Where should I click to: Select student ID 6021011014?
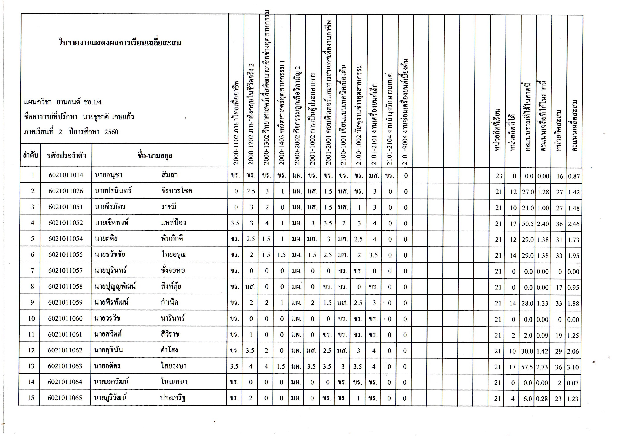66,175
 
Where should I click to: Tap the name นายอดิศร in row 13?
107,366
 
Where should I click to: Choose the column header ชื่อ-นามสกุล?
155,156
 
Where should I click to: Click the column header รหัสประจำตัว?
66,156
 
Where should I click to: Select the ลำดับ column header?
31,155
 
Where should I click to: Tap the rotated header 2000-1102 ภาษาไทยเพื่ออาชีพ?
236,122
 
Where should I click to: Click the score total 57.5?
527,367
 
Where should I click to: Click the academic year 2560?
111,132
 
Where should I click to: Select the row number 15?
31,398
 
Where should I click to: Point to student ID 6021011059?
65,302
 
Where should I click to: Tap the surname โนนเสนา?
174,382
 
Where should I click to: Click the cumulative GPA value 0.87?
574,176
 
